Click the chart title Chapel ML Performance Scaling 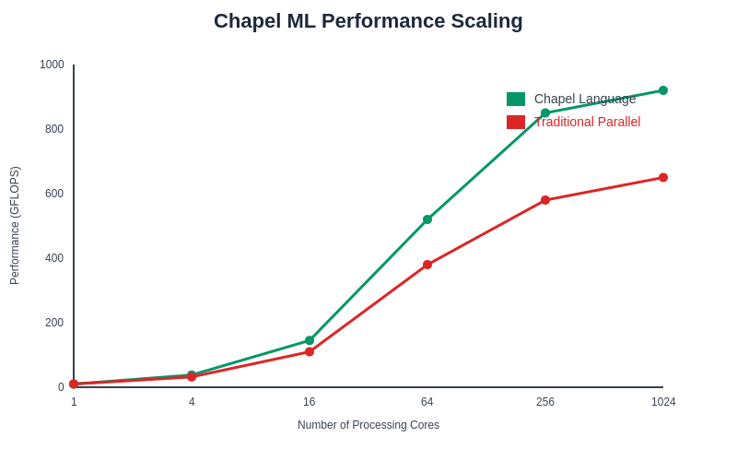(368, 21)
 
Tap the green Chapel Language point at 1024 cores (663, 90)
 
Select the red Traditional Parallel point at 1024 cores (663, 178)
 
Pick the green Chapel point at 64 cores (427, 219)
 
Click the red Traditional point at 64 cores (427, 265)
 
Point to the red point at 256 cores (545, 200)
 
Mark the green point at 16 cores (310, 340)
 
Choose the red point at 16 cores (310, 351)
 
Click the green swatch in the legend (516, 100)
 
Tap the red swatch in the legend (516, 123)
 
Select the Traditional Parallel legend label (587, 122)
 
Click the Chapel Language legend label (585, 99)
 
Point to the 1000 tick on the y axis (52, 65)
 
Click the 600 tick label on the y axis (55, 194)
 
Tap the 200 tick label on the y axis (55, 323)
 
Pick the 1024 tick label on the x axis (663, 402)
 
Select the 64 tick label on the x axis (427, 402)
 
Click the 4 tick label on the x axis (192, 402)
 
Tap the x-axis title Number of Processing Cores (368, 425)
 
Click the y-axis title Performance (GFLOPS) (15, 226)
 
